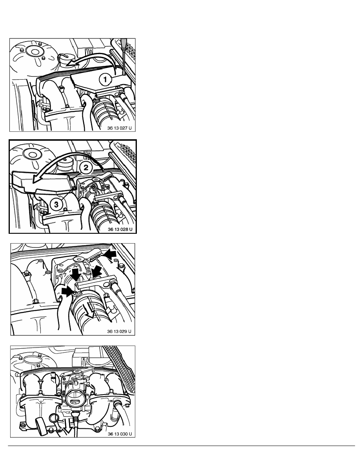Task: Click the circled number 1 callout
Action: (105, 79)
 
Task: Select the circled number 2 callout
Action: (85, 167)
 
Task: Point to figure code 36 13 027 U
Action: (119, 128)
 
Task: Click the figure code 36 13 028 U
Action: (120, 229)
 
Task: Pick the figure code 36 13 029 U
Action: (119, 331)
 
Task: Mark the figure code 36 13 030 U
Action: (120, 434)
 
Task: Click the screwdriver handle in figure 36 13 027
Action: (123, 44)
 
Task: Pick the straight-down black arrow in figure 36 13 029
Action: (76, 274)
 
